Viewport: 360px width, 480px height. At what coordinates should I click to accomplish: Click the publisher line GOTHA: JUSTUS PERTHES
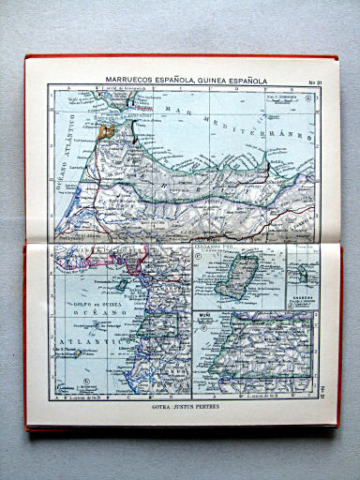click(182, 409)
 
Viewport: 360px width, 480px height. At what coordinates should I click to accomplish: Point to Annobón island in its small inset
click(304, 275)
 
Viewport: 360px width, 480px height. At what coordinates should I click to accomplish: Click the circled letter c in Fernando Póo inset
click(198, 254)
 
